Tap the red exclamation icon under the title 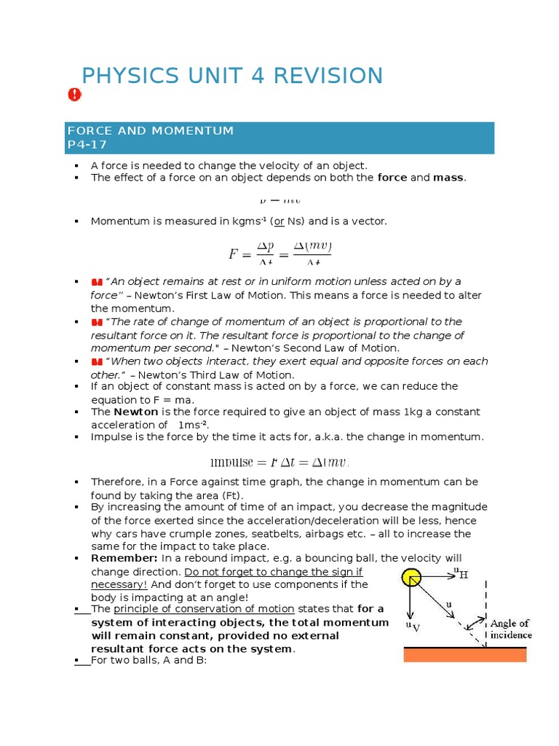[x=75, y=95]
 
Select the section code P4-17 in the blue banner [x=87, y=144]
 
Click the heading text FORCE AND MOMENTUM [x=151, y=130]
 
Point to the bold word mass [x=448, y=177]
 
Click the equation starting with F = [x=279, y=254]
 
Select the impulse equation [x=279, y=462]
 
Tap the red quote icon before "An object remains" [x=97, y=282]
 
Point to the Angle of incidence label [x=510, y=629]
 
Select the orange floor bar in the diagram [x=465, y=654]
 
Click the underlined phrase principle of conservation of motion [x=204, y=608]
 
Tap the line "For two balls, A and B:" [x=149, y=660]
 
